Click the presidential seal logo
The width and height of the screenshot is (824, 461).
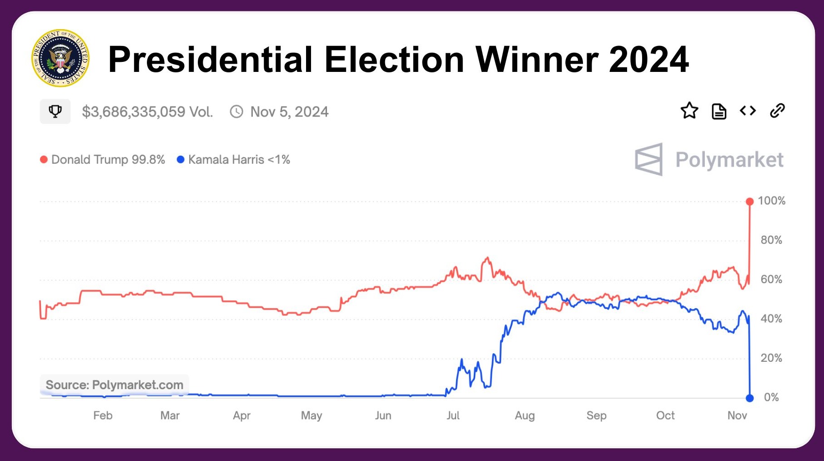(x=60, y=58)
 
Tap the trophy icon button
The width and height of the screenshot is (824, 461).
(x=55, y=111)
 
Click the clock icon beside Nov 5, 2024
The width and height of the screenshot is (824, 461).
(x=236, y=111)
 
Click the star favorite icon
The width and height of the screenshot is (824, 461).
(x=689, y=111)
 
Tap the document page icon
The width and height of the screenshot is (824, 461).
(x=718, y=111)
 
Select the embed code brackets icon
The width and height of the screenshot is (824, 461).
(x=748, y=111)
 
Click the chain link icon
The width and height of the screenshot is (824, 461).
(x=777, y=111)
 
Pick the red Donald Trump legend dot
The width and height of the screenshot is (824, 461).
(x=44, y=160)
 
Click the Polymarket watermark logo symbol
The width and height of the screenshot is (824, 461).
(x=649, y=160)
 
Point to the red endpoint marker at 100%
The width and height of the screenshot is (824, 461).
(x=749, y=201)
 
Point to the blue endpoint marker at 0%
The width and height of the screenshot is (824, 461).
(x=749, y=398)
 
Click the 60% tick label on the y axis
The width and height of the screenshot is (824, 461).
(x=771, y=279)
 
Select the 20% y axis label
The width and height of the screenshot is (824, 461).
(x=771, y=358)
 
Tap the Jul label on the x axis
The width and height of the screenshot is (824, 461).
(x=453, y=415)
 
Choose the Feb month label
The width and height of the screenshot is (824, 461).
(x=103, y=415)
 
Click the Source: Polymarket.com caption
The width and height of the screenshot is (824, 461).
(x=115, y=385)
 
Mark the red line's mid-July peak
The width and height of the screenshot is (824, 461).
(x=487, y=258)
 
